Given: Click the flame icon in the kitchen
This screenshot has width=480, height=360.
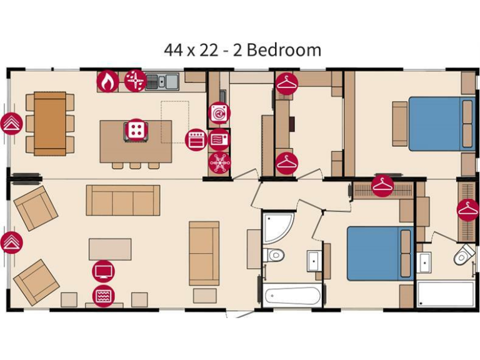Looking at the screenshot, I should (107, 81).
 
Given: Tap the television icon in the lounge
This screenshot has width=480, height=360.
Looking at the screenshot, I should (104, 271).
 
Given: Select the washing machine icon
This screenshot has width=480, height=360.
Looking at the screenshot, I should (219, 113).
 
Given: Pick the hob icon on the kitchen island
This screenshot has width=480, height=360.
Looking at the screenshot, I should (134, 131).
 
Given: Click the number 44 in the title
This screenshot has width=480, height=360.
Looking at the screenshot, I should (174, 49).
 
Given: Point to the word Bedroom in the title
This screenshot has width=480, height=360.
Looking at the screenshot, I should (284, 49).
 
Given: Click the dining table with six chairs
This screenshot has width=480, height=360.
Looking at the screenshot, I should (50, 123).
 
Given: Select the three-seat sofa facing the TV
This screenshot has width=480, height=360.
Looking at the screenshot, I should (122, 200).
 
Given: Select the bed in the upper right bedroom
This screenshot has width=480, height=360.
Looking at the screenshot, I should (435, 123).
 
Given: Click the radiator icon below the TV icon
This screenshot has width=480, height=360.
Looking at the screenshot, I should (104, 295).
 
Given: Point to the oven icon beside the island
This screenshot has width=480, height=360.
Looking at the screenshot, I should (196, 139).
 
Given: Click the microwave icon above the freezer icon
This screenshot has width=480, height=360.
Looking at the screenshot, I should (219, 139).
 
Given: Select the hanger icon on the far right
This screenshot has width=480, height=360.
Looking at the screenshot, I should (467, 210).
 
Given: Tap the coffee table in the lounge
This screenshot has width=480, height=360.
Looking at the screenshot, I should (110, 249).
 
